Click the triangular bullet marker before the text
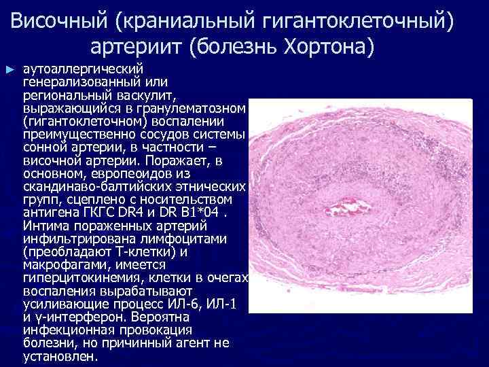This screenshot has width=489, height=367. (9, 70)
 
